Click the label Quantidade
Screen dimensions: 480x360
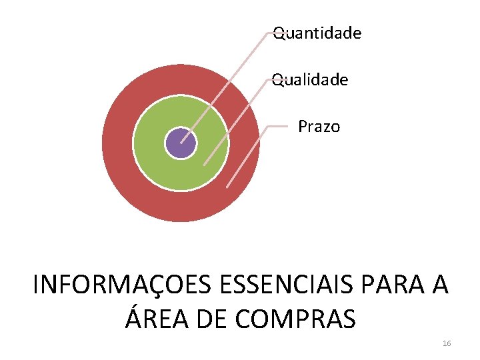coord(318,33)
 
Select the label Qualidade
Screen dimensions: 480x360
coord(311,80)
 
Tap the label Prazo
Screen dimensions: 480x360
coord(319,127)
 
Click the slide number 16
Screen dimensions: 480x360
coord(447,343)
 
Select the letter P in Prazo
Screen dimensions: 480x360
coord(303,127)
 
